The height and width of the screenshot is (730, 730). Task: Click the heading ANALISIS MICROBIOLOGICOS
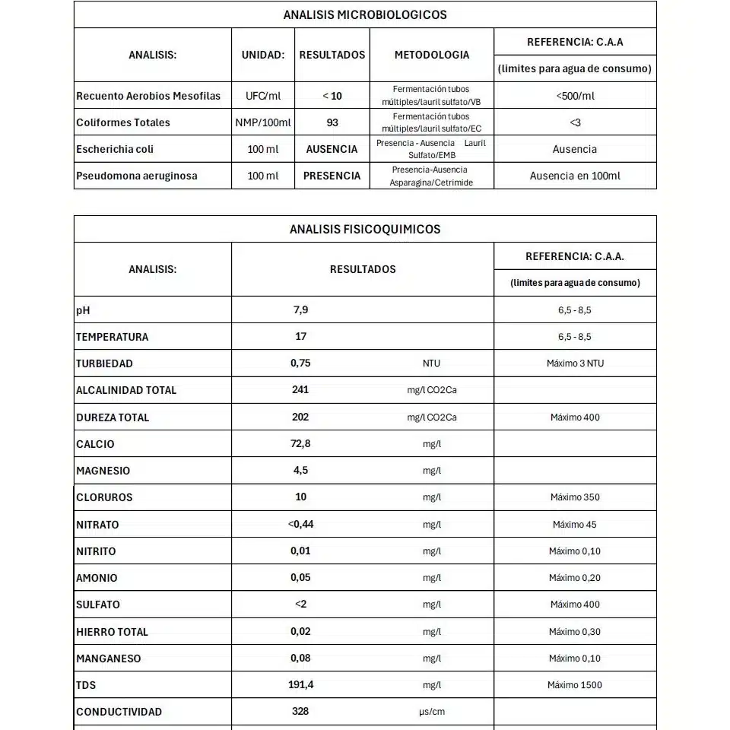pyautogui.click(x=365, y=14)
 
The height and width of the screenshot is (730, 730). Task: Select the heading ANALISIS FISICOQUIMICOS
pyautogui.click(x=365, y=229)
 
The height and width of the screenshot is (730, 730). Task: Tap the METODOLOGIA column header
pyautogui.click(x=432, y=55)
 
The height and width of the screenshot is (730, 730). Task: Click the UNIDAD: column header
pyautogui.click(x=263, y=55)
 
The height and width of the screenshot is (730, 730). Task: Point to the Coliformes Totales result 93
pyautogui.click(x=332, y=122)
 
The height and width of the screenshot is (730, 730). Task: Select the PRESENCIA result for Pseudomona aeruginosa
pyautogui.click(x=332, y=176)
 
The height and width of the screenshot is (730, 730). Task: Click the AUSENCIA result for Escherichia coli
pyautogui.click(x=332, y=149)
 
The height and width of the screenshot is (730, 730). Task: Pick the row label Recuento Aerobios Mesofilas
pyautogui.click(x=148, y=96)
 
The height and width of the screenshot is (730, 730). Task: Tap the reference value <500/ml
pyautogui.click(x=575, y=96)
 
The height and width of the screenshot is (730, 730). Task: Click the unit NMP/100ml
pyautogui.click(x=263, y=122)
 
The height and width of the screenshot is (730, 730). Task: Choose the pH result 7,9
pyautogui.click(x=301, y=310)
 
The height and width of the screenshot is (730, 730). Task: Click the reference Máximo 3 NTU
pyautogui.click(x=575, y=363)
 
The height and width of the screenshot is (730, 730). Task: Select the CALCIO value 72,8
pyautogui.click(x=301, y=443)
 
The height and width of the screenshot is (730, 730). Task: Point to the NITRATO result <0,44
pyautogui.click(x=300, y=524)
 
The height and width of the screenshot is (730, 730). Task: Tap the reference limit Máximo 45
pyautogui.click(x=575, y=524)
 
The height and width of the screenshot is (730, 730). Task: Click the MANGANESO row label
pyautogui.click(x=109, y=659)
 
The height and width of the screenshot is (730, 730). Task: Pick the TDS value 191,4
pyautogui.click(x=301, y=685)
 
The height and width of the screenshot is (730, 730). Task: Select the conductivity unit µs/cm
pyautogui.click(x=432, y=712)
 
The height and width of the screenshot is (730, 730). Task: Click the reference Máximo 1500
pyautogui.click(x=575, y=685)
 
